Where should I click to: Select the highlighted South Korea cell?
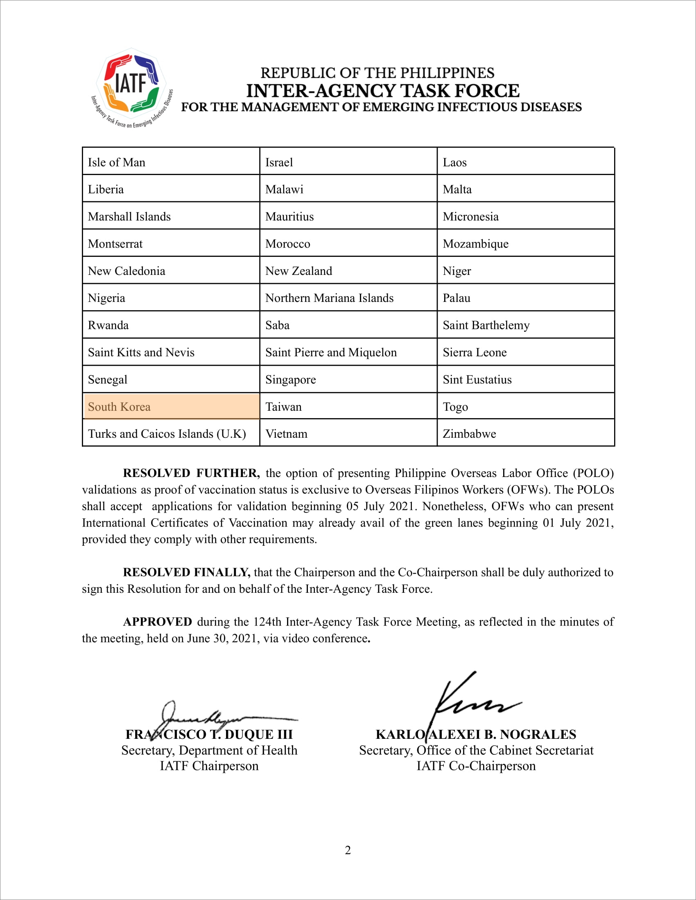click(171, 406)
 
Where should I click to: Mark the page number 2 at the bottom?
click(348, 850)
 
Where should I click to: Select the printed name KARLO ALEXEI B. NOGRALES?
click(476, 734)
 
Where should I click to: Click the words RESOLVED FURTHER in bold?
click(191, 473)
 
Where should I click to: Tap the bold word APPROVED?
click(158, 622)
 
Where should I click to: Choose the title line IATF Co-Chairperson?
click(476, 766)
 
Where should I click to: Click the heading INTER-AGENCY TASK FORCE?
click(383, 91)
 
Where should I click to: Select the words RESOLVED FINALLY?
click(186, 572)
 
